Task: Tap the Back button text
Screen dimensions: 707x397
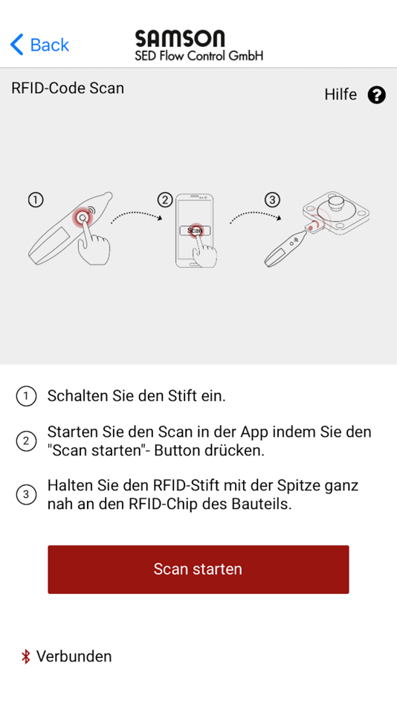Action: pyautogui.click(x=50, y=45)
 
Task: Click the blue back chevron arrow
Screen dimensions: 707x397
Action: pyautogui.click(x=16, y=45)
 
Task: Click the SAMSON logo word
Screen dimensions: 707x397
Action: pyautogui.click(x=179, y=39)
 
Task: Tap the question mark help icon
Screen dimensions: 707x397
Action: pyautogui.click(x=377, y=95)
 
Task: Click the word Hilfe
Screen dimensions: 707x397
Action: pyautogui.click(x=340, y=95)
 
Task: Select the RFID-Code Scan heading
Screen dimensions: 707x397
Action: pyautogui.click(x=68, y=89)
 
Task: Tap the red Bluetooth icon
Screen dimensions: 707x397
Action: pyautogui.click(x=25, y=656)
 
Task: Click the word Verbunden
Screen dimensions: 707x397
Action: pyautogui.click(x=74, y=656)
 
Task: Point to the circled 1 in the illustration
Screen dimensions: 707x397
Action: pyautogui.click(x=35, y=199)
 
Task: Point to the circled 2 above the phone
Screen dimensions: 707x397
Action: pyautogui.click(x=165, y=199)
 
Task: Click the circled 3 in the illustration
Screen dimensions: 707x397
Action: pyautogui.click(x=273, y=199)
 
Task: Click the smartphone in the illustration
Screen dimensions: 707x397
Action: pyautogui.click(x=194, y=231)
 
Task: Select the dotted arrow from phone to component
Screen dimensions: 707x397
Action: pyautogui.click(x=253, y=216)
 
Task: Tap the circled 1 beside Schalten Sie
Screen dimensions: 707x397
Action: pyautogui.click(x=26, y=397)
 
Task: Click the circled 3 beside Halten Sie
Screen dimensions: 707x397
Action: pyautogui.click(x=26, y=494)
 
